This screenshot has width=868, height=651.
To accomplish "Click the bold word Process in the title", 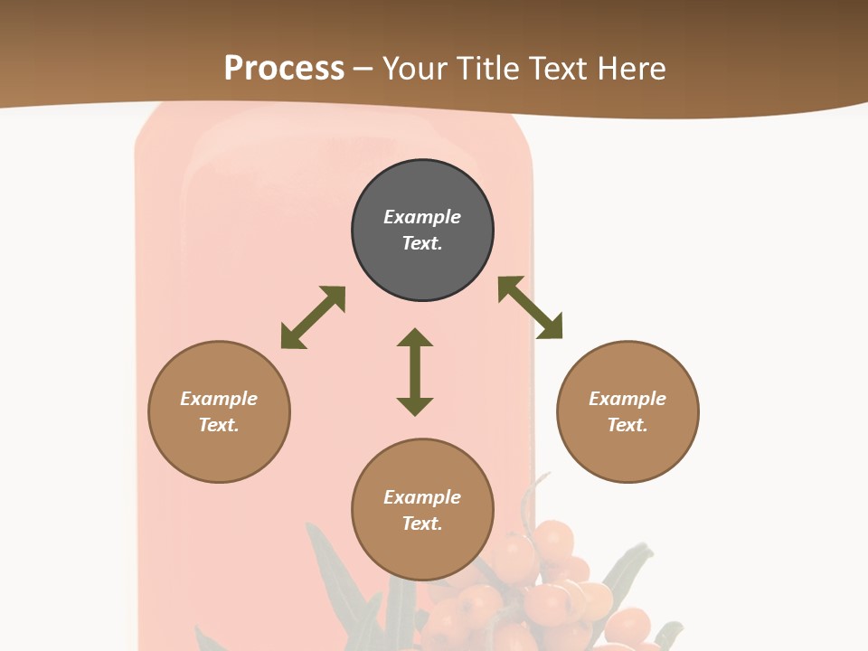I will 284,69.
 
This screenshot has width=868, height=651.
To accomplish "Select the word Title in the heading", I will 491,69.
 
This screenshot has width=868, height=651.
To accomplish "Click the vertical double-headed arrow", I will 415,373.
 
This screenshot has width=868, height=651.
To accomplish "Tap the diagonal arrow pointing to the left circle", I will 313,317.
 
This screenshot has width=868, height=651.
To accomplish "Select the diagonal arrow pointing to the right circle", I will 530,307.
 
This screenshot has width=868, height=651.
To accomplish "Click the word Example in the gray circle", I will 422,217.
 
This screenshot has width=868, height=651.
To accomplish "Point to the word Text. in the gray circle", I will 422,243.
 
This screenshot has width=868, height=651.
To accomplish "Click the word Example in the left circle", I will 219,399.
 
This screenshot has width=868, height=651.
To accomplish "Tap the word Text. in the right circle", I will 627,425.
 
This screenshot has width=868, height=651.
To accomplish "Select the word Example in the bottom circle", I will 422,497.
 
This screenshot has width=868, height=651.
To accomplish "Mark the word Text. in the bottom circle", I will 422,524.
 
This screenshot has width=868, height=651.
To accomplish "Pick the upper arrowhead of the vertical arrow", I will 415,338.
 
